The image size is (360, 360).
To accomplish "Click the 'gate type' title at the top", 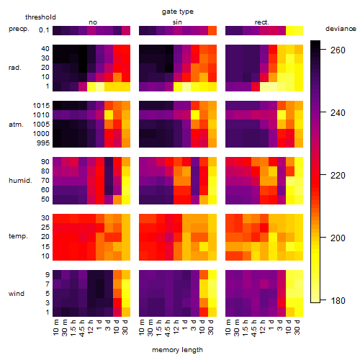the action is pos(178,12).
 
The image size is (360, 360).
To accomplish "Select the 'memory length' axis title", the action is pos(177,350).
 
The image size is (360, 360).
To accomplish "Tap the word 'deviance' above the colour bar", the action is pos(341,29).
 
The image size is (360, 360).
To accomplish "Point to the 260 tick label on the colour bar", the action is pos(338,50).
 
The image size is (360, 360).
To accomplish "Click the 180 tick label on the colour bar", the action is pos(338,300).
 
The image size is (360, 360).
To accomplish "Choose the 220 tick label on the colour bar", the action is pos(338,176).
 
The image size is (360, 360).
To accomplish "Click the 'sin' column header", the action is pos(177,22).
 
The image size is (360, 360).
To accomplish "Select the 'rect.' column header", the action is pos(261,22).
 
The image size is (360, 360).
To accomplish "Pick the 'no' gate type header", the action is pos(93,22).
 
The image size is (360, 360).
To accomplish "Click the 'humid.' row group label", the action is pos(20,181).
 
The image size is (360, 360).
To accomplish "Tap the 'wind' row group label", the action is pos(17,294).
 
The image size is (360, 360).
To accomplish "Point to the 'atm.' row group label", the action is pos(16,125).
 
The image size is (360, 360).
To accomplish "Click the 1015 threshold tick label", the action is pos(41,106).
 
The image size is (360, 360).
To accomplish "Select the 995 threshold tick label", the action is pos(43,143).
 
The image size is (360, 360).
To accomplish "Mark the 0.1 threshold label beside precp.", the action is pos(44,30).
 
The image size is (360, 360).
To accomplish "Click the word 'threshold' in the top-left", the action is pos(40,17).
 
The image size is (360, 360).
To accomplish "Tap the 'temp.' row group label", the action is pos(18,236).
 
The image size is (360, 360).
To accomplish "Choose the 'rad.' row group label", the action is pos(15,68).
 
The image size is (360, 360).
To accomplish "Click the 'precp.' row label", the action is pos(19,29).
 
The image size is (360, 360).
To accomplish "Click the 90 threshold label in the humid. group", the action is pos(45,162).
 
